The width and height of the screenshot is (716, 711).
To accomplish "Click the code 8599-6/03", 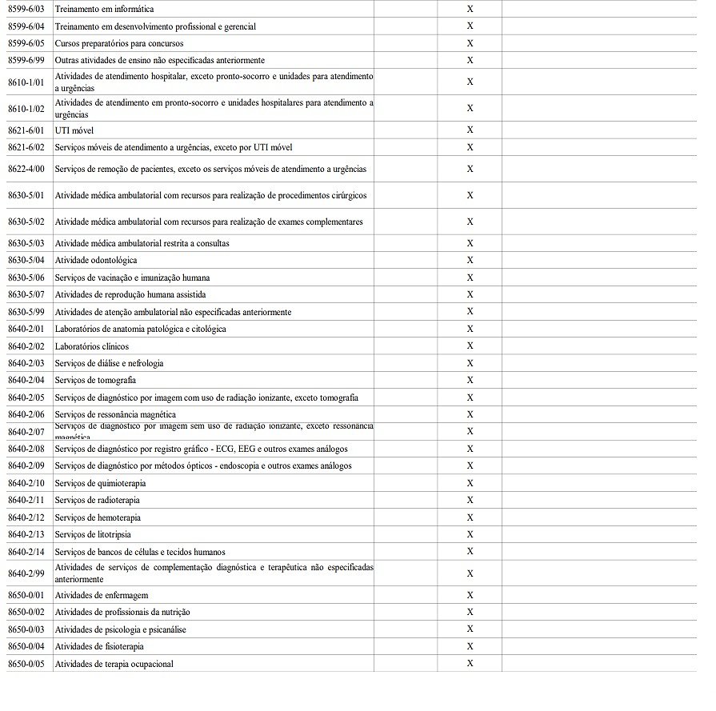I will click(x=26, y=9).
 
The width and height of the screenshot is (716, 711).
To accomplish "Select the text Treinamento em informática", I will click(x=104, y=9).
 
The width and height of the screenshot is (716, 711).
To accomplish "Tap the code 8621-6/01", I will click(x=26, y=130).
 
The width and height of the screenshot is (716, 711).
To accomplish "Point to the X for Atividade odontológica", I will click(x=470, y=260).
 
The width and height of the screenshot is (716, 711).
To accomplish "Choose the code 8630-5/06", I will click(x=26, y=278).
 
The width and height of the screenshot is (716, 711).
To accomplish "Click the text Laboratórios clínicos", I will click(x=91, y=346).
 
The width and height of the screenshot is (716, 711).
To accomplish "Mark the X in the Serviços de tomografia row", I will click(x=470, y=380).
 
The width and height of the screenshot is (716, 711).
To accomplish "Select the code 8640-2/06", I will click(x=26, y=414).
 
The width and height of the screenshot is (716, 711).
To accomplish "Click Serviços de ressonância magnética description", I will click(x=115, y=414).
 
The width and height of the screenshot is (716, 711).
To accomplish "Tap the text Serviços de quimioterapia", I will click(x=100, y=483).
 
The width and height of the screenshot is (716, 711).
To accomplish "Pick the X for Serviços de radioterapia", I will click(x=470, y=500).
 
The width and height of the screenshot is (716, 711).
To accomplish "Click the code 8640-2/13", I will click(x=26, y=534).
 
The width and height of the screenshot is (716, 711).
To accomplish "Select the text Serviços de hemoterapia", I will click(x=98, y=517).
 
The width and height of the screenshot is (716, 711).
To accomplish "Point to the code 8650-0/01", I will click(x=26, y=595).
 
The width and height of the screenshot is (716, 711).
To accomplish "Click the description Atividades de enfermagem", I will click(x=102, y=595).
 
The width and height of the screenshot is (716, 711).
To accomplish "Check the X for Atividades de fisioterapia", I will click(x=470, y=645).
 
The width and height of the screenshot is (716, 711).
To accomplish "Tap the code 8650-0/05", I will click(x=26, y=664).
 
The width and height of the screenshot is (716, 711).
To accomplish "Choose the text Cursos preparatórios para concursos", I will click(x=119, y=43).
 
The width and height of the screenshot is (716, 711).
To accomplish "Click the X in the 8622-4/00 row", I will click(x=470, y=169).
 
